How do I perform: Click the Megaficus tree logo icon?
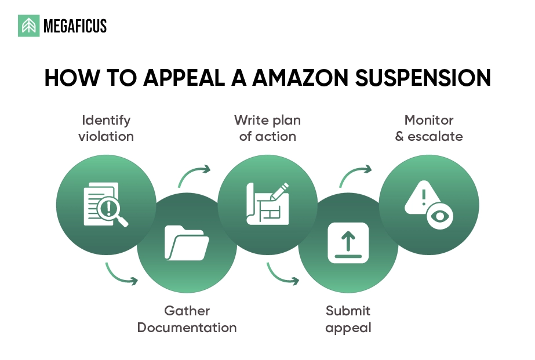[28, 26]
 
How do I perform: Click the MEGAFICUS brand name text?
[75, 26]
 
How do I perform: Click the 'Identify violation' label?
[106, 128]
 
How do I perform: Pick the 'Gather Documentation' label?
[187, 319]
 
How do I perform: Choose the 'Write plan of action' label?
[267, 128]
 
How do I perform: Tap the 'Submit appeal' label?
[348, 319]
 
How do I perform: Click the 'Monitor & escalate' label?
[429, 128]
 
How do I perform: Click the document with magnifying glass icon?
[105, 204]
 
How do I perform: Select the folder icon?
[187, 242]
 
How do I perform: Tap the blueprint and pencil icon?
[267, 203]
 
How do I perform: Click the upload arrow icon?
[348, 242]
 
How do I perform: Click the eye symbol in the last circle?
[440, 216]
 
